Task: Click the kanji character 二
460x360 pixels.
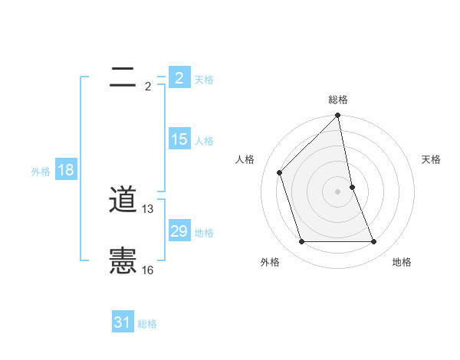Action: click(123, 76)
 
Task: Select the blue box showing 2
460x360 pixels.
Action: click(179, 78)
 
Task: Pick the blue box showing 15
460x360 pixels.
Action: click(179, 139)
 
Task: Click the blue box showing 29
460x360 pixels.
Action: click(179, 231)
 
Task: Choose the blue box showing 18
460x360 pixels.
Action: click(65, 170)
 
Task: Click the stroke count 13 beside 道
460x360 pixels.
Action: click(148, 208)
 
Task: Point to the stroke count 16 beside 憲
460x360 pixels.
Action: click(148, 270)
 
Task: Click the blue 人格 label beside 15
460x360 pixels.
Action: click(204, 141)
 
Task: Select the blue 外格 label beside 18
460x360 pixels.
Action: click(41, 172)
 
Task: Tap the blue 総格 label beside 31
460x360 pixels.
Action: click(147, 324)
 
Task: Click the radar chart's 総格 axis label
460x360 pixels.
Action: click(338, 100)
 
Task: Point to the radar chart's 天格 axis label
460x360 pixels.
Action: click(431, 159)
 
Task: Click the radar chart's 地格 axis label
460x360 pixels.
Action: click(402, 262)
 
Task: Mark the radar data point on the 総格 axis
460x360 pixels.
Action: click(338, 116)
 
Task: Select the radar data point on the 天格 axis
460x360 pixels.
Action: click(353, 186)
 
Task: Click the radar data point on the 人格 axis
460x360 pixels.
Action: click(280, 172)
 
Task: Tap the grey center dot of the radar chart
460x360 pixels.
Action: click(338, 191)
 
